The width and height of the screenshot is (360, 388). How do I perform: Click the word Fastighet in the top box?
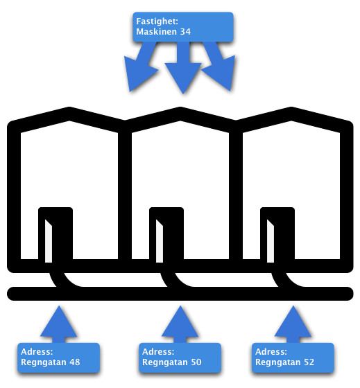[x=157, y=21]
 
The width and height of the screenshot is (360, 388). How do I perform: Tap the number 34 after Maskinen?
[x=185, y=32]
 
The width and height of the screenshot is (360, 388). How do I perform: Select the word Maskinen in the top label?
[x=157, y=32]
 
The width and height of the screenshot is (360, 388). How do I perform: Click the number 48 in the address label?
[x=75, y=362]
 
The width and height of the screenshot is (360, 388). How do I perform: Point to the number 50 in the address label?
[x=196, y=362]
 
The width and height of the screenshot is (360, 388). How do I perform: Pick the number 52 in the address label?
[x=309, y=362]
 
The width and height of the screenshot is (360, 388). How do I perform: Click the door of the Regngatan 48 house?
[x=55, y=235]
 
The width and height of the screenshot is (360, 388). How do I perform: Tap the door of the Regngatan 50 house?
[x=166, y=235]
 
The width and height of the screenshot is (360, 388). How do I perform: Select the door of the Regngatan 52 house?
[x=277, y=235]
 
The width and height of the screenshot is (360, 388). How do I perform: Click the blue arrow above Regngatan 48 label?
[x=59, y=324]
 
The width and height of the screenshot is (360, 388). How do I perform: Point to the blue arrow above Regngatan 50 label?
[x=180, y=324]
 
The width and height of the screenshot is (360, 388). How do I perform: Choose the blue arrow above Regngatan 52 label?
[x=293, y=324]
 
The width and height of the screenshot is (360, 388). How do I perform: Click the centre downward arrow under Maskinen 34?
[x=183, y=67]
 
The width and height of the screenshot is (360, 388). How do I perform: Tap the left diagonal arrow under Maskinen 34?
[x=142, y=67]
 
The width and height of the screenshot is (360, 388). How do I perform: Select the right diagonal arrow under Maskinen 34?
[x=218, y=66]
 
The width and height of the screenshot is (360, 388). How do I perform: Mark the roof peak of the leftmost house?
[x=69, y=114]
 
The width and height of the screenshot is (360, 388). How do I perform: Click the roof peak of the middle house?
[x=180, y=114]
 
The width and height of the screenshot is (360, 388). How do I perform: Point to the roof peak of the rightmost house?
[x=291, y=114]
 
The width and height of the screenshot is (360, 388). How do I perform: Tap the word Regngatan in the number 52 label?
[x=278, y=362]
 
